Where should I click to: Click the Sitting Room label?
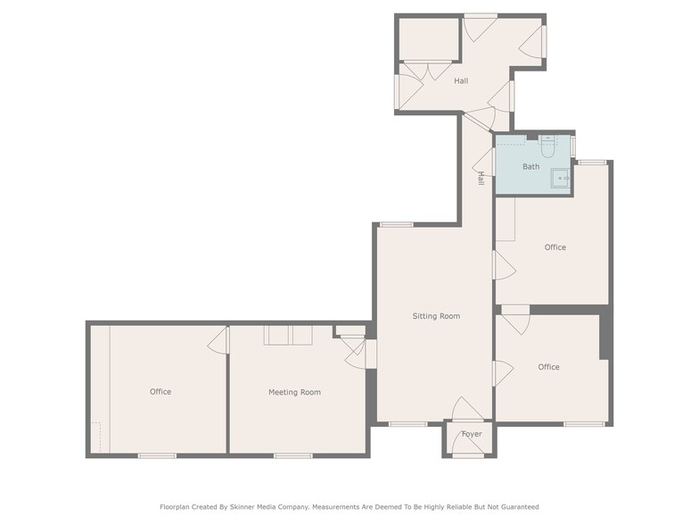coord(436,316)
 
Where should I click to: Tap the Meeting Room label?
coord(294,393)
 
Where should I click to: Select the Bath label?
coord(531,166)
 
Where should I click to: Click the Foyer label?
coord(472,434)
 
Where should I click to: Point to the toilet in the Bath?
coord(547,146)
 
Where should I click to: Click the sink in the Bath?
coord(560,179)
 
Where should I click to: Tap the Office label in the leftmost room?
coord(160,392)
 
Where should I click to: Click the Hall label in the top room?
coord(461,80)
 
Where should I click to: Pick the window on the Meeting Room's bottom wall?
coord(292,455)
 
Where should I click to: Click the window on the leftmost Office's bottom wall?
coord(157,455)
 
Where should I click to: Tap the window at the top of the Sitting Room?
coord(397,225)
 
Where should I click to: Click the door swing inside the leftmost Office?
coord(218,340)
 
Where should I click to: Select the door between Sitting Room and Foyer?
coord(467,409)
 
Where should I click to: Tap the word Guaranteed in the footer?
coord(520,507)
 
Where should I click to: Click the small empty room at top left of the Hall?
coord(429,39)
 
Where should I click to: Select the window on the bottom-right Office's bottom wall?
coord(585,423)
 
